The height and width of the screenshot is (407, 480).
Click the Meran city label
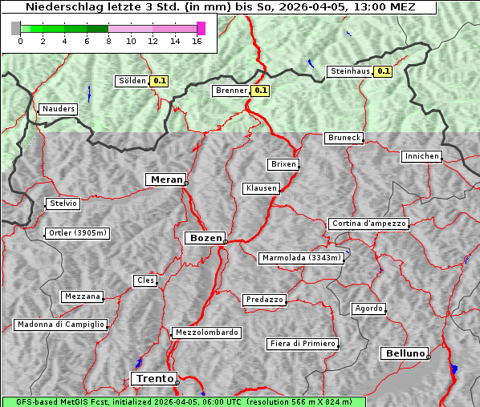pos(166,179)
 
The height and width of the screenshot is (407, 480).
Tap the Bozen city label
pos(205,238)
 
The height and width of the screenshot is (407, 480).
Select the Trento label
pos(153,379)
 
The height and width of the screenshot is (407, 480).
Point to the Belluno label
pos(404,353)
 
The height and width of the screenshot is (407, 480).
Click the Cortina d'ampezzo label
pos(368,224)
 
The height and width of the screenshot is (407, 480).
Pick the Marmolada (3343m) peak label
pos(302,258)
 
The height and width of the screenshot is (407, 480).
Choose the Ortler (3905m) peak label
pos(76,234)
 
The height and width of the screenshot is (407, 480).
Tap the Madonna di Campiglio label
pos(60,324)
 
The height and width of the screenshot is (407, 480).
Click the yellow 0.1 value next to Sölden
pos(160,81)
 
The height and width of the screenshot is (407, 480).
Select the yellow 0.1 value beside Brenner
pos(260,91)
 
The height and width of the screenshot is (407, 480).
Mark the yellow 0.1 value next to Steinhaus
pos(384,71)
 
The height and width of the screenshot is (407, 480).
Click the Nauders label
pos(59,109)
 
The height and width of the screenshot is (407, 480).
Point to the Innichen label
pos(421,156)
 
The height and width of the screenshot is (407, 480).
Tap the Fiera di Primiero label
pos(303,344)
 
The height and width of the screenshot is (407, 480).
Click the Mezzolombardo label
pos(205,332)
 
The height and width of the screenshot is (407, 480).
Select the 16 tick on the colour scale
pos(196,41)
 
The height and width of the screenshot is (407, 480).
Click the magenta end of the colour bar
pos(201,28)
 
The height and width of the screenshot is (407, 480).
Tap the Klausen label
pos(260,188)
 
